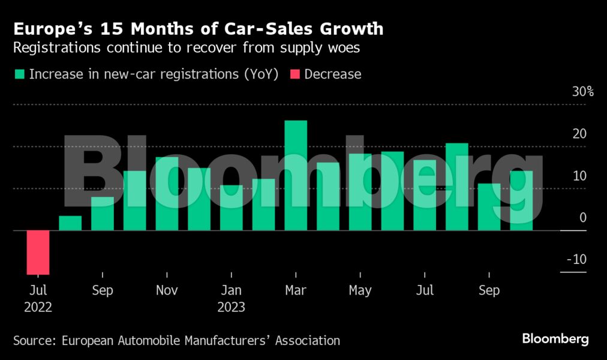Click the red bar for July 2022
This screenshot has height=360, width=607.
(38, 252)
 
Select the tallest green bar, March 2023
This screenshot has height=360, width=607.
(296, 175)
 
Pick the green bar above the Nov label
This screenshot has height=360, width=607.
(167, 194)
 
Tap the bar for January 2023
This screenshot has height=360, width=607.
(231, 208)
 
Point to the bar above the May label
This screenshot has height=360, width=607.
(360, 192)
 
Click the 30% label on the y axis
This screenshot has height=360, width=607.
(582, 92)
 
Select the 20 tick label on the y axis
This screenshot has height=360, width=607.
(579, 134)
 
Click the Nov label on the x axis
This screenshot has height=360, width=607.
(167, 290)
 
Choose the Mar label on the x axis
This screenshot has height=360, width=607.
(296, 290)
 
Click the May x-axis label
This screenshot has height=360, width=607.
(360, 290)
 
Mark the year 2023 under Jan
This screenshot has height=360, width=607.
(231, 307)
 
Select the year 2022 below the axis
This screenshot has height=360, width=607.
(38, 307)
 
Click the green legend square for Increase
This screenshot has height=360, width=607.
(20, 74)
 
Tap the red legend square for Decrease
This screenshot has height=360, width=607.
(295, 74)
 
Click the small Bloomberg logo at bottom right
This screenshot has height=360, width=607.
(555, 339)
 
